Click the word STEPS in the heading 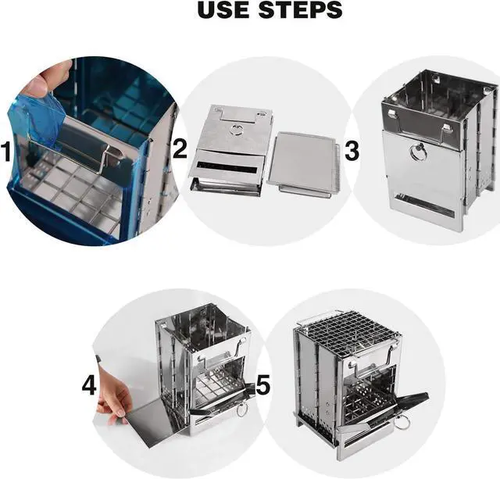pos(300,9)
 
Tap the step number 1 pos(7,152)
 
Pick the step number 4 pos(89,385)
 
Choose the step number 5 pos(262,384)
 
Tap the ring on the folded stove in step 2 pos(237,130)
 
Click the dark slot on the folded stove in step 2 pos(227,167)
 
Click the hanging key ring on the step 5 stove pos(402,424)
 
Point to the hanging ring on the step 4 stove pos(241,409)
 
